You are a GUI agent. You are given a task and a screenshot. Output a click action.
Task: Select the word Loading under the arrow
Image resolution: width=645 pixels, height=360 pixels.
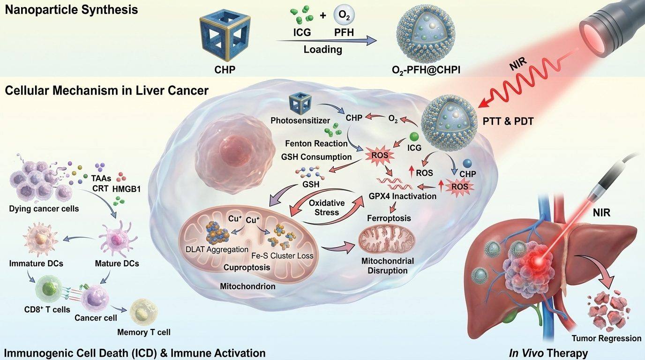click(x=323, y=49)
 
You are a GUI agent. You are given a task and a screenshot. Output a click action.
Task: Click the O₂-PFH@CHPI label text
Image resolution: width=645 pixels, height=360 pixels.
click(x=426, y=70)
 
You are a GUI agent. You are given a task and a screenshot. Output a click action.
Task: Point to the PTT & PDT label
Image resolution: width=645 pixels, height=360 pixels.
click(x=508, y=121)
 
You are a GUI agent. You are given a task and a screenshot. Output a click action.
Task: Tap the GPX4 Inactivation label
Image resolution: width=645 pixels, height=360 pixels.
click(x=403, y=196)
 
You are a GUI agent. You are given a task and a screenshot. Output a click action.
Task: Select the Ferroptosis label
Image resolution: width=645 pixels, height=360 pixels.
click(x=389, y=218)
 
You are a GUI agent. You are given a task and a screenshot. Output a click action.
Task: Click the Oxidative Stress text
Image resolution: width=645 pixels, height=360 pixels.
click(x=327, y=208)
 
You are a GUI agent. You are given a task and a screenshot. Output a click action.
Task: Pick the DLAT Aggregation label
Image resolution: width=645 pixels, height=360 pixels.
click(x=217, y=249)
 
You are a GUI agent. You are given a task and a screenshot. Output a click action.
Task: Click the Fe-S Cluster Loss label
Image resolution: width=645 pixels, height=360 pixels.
click(x=282, y=256)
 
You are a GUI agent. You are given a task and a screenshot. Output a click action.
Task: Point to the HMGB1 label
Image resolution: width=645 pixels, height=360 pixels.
click(x=127, y=189)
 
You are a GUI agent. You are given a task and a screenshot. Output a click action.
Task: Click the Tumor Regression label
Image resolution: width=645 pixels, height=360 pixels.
click(x=607, y=338)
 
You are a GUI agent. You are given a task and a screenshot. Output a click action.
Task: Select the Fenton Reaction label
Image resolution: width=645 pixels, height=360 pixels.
click(x=316, y=143)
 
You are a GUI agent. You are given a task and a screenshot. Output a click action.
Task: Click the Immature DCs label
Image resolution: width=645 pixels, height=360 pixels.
click(x=36, y=263)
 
